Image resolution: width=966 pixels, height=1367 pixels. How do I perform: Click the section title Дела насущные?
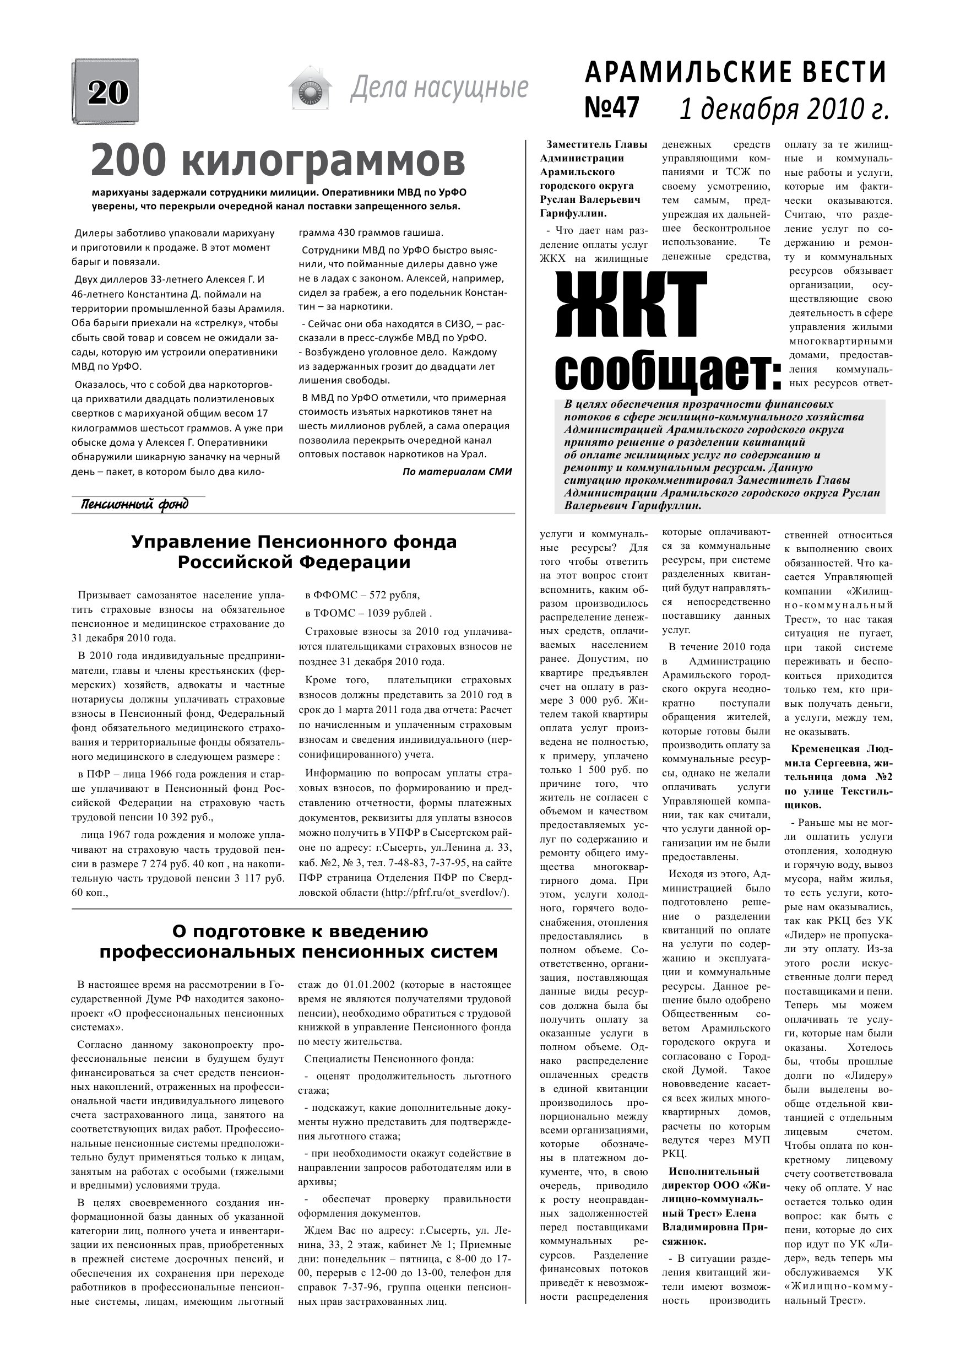(x=438, y=88)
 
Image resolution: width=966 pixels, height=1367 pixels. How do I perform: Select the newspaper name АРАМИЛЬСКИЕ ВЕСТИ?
(x=736, y=73)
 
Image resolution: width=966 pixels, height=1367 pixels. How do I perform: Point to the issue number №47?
(x=612, y=108)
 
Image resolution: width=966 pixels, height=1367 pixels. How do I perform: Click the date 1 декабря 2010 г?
(x=784, y=109)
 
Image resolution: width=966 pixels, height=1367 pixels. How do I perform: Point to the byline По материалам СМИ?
(x=457, y=472)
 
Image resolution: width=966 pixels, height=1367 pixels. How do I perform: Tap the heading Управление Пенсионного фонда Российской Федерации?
(x=294, y=552)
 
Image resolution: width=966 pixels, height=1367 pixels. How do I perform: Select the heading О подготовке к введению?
(x=300, y=931)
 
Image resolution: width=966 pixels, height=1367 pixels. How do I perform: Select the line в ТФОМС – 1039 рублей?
(x=368, y=613)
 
